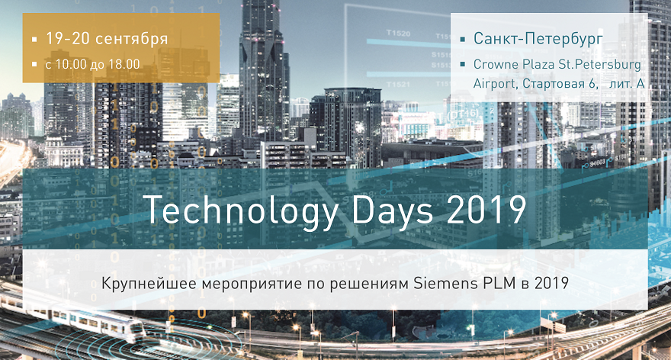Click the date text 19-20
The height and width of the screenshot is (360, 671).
tap(66, 38)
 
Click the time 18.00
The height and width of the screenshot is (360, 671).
tap(124, 64)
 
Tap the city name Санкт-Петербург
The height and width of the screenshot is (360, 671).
tap(538, 38)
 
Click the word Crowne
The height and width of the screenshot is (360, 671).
tap(498, 64)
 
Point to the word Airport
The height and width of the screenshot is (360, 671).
tap(495, 83)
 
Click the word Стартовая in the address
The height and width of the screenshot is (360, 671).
tap(554, 83)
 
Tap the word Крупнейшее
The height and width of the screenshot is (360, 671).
tap(142, 284)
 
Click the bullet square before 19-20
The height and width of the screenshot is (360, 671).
tap(34, 39)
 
